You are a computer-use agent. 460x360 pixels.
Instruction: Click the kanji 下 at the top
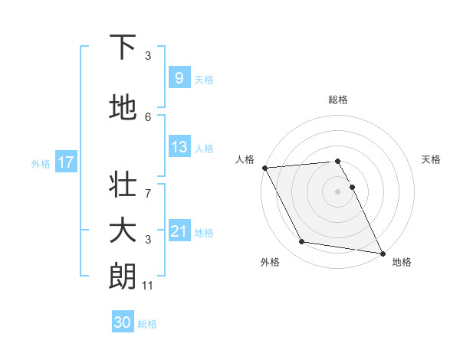(123, 47)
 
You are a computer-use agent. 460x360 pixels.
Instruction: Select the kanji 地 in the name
(123, 109)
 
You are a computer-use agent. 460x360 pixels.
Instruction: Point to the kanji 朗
(123, 276)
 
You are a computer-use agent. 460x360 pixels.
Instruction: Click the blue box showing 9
(179, 78)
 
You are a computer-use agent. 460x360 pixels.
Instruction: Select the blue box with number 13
(179, 147)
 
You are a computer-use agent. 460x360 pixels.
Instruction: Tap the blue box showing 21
(179, 231)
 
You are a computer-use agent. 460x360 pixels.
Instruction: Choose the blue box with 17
(65, 162)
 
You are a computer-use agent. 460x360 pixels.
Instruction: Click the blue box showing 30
(123, 322)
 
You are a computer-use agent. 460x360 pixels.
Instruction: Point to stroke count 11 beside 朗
(148, 286)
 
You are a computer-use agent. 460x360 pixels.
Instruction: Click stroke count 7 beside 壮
(148, 185)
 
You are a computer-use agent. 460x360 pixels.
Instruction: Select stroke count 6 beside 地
(148, 116)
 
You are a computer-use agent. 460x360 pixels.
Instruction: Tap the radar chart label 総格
(338, 100)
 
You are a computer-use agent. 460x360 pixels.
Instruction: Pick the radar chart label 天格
(432, 159)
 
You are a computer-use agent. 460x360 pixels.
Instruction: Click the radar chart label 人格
(245, 159)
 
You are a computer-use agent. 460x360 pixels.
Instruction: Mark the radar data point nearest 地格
(382, 253)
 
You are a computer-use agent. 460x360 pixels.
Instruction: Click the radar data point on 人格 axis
(264, 168)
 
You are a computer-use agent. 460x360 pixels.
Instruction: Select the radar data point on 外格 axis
(302, 242)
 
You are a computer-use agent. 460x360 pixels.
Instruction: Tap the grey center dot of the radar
(338, 191)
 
